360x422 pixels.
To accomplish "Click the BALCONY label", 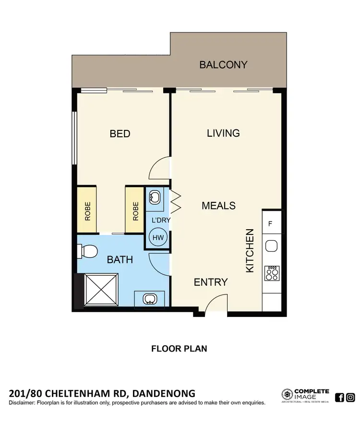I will [x=223, y=64].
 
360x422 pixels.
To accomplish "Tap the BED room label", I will [x=120, y=133].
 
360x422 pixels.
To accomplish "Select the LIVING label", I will [x=223, y=133].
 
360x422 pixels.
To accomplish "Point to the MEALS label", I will [x=218, y=206].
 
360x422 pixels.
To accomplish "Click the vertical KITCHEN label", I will [x=250, y=251].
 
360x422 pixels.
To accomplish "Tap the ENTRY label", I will [x=210, y=282].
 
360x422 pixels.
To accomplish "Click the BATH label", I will [x=120, y=260].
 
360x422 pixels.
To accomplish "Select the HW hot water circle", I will [x=157, y=237].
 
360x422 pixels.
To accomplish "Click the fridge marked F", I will [x=271, y=224].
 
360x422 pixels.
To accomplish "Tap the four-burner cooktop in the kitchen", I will [x=272, y=273].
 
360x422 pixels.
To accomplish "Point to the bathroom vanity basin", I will [x=149, y=299].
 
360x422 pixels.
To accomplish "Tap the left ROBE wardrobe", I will [x=87, y=210].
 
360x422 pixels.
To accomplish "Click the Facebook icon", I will [x=339, y=397].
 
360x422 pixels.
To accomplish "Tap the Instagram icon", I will [x=350, y=397].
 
